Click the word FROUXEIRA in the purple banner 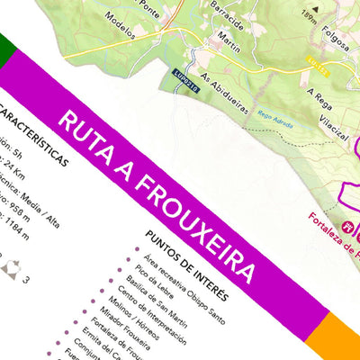201,213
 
